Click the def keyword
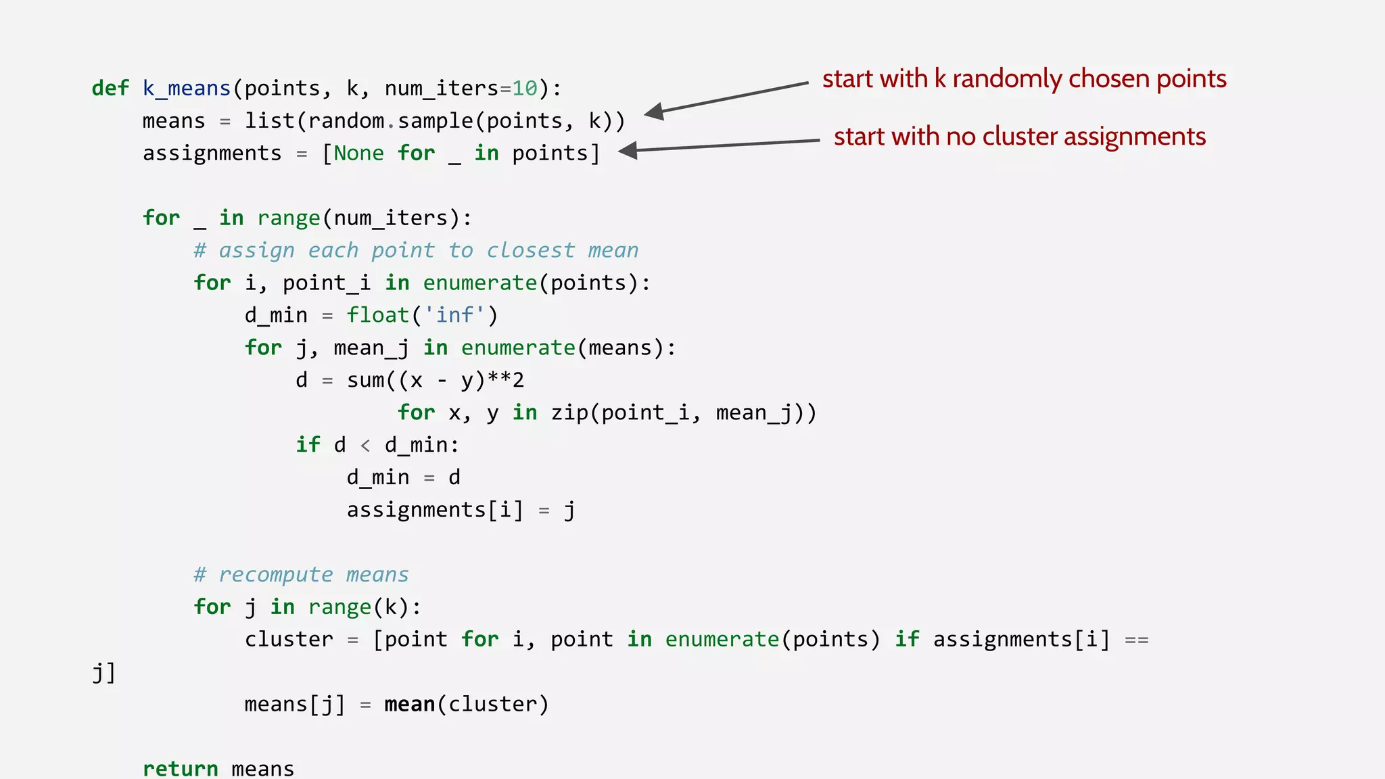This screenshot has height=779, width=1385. [110, 89]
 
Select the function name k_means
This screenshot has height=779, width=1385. [187, 89]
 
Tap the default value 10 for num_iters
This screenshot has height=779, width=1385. [524, 89]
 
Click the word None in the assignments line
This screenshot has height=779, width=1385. [358, 154]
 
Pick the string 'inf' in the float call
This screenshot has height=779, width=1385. [454, 316]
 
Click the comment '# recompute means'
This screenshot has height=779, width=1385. [301, 575]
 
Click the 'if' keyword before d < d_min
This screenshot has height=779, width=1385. [308, 445]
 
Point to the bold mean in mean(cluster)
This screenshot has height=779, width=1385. [409, 705]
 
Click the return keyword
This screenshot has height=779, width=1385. [180, 769]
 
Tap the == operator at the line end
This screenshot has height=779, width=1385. [1136, 640]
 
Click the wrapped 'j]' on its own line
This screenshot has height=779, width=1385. [103, 673]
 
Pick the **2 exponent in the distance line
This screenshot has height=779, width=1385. [505, 380]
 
